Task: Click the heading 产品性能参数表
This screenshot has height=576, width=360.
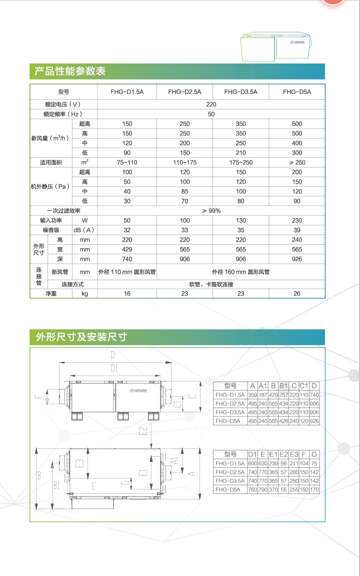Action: pyautogui.click(x=70, y=72)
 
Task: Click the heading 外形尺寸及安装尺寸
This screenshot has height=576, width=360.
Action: pyautogui.click(x=80, y=337)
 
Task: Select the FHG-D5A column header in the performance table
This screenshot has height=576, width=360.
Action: pyautogui.click(x=296, y=92)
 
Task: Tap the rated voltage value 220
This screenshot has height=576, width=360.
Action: pyautogui.click(x=211, y=104)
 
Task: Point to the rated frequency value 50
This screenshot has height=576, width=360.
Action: pyautogui.click(x=211, y=114)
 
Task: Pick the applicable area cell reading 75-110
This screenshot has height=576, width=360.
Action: pyautogui.click(x=127, y=163)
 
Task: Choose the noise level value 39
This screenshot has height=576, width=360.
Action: pyautogui.click(x=297, y=230)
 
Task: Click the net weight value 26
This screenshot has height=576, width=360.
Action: pyautogui.click(x=297, y=294)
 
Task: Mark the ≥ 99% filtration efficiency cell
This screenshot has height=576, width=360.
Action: pyautogui.click(x=211, y=211)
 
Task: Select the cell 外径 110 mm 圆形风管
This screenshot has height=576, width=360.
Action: pyautogui.click(x=127, y=272)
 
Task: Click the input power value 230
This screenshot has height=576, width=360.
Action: pyautogui.click(x=297, y=221)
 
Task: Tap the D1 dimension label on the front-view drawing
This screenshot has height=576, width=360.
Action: pyautogui.click(x=114, y=369)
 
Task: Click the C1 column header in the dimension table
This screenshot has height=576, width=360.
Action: pyautogui.click(x=303, y=386)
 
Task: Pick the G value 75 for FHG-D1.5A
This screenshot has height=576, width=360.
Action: pyautogui.click(x=314, y=463)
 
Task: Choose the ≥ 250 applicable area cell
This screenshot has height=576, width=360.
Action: pyautogui.click(x=297, y=163)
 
